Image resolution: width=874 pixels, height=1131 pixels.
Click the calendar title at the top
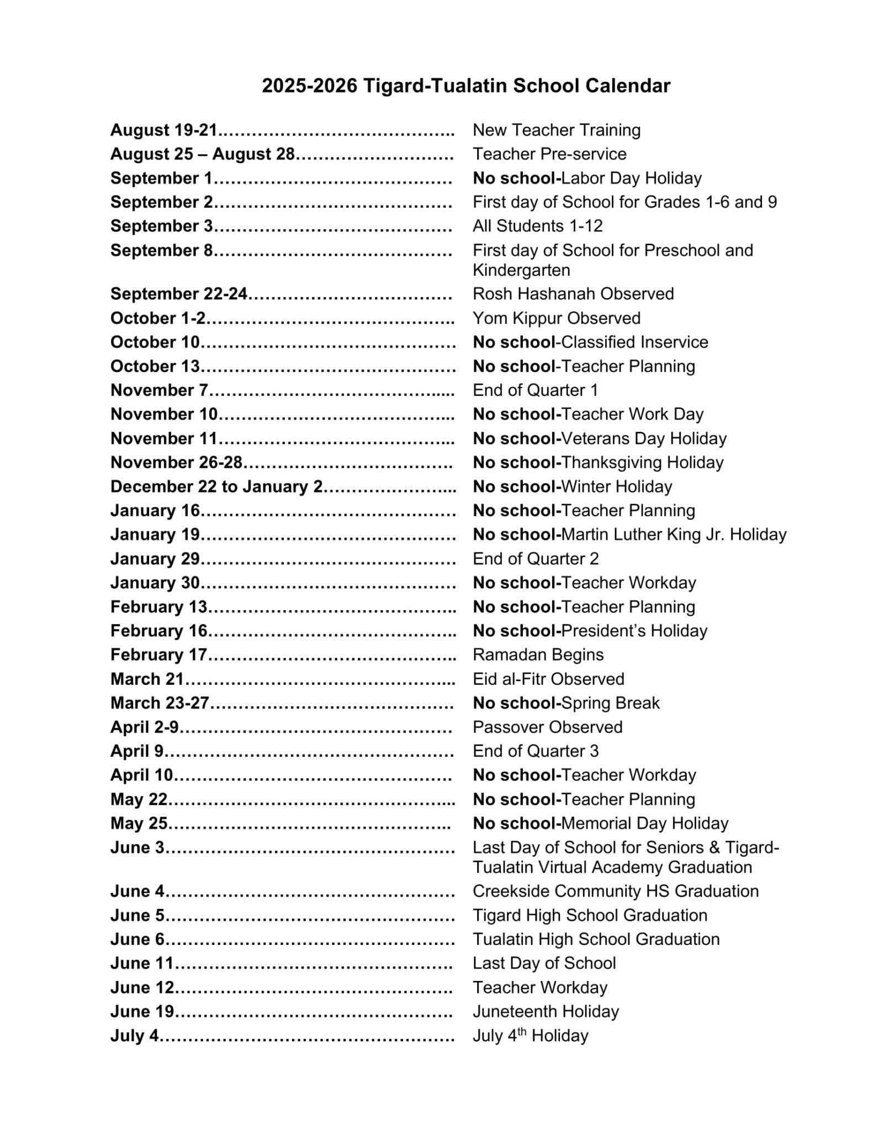click(x=466, y=86)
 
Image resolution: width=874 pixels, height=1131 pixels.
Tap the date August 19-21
click(x=163, y=130)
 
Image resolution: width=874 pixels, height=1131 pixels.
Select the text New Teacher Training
click(x=557, y=130)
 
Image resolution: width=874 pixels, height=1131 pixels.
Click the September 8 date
click(x=161, y=251)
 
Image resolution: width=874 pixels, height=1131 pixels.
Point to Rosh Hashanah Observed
click(x=573, y=294)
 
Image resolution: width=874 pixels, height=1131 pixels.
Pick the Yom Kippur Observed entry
click(x=557, y=318)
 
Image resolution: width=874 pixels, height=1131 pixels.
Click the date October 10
click(x=155, y=342)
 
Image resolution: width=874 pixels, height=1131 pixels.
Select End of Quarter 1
click(x=535, y=390)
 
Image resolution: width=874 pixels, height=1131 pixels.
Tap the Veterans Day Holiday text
click(x=643, y=438)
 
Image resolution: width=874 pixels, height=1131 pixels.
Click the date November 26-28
click(x=177, y=463)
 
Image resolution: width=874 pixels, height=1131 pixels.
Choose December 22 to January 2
click(x=216, y=487)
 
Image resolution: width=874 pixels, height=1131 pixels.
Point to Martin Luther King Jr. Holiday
click(x=674, y=535)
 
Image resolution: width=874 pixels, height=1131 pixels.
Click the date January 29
click(x=155, y=559)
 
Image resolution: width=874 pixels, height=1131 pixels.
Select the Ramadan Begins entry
click(x=538, y=655)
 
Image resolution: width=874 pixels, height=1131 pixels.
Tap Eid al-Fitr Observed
click(x=548, y=679)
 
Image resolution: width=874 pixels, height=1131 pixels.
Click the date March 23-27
click(x=160, y=703)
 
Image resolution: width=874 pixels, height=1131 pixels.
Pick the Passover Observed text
click(x=547, y=727)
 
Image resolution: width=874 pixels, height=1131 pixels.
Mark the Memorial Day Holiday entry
click(x=645, y=823)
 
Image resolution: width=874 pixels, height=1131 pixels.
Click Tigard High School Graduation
click(x=590, y=916)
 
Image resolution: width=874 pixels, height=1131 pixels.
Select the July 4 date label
click(x=134, y=1035)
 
